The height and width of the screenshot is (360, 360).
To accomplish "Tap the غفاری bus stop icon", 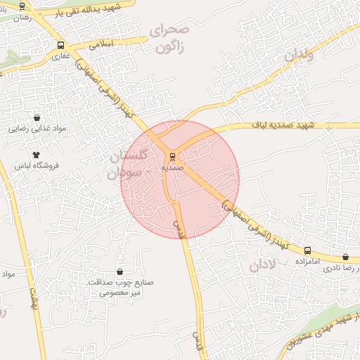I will pyautogui.click(x=59, y=46).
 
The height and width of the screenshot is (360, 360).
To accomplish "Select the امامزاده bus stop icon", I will pyautogui.click(x=307, y=250).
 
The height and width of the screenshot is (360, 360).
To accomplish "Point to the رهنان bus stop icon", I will pyautogui.click(x=22, y=6).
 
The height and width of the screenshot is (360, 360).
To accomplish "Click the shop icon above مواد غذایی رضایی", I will pyautogui.click(x=37, y=118).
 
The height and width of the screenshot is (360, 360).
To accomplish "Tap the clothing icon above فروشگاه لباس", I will pyautogui.click(x=37, y=155).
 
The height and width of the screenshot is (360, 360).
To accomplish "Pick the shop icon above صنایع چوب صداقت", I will pyautogui.click(x=119, y=271).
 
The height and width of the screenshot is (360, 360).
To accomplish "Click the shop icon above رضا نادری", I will pyautogui.click(x=345, y=257).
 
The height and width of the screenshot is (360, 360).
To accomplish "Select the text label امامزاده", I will pyautogui.click(x=307, y=262).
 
